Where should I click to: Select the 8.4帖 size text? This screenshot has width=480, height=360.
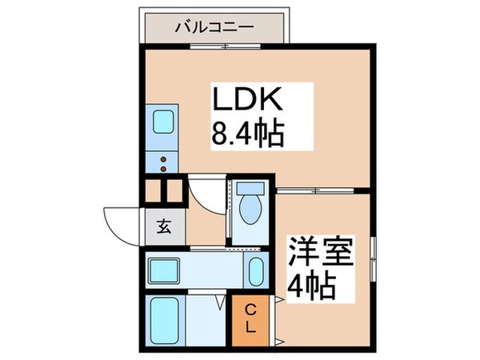[248, 135]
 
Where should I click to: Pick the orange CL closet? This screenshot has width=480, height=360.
[250, 318]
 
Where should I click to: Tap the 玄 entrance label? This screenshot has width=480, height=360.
[163, 226]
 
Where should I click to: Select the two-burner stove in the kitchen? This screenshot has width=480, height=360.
[163, 163]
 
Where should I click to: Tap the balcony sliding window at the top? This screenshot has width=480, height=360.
[224, 46]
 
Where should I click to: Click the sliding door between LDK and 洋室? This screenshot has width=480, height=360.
[317, 190]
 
